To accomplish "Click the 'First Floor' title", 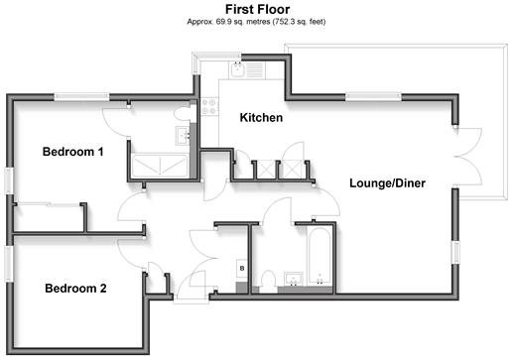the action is (x=257, y=9).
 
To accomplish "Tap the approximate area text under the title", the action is (x=256, y=22).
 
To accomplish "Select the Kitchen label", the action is (x=261, y=118).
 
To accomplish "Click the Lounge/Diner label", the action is (x=387, y=183).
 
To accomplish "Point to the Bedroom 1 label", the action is (x=73, y=152).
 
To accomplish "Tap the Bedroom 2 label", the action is (x=75, y=289).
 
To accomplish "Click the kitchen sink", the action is (x=237, y=69).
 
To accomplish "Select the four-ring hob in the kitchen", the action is (x=209, y=106).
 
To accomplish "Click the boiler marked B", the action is (x=242, y=268).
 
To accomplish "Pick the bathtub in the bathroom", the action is (x=319, y=256).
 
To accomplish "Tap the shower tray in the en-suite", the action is (x=160, y=166).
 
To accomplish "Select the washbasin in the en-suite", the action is (x=183, y=136).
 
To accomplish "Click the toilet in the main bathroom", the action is (x=268, y=281).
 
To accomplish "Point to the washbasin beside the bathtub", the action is (x=294, y=280).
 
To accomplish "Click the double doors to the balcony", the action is (x=468, y=158).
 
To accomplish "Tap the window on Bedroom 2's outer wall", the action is (x=9, y=264).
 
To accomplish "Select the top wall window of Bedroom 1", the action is (x=81, y=97).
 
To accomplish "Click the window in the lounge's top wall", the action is (x=373, y=97).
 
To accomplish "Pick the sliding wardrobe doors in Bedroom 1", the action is (x=49, y=205).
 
